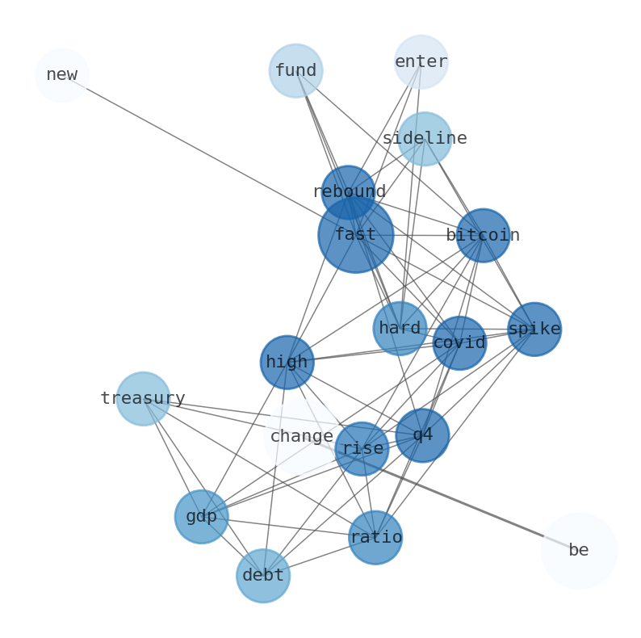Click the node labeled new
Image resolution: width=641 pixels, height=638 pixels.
pos(62,75)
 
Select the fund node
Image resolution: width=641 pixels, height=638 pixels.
pos(295,71)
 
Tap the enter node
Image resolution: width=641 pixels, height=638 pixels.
pos(421,61)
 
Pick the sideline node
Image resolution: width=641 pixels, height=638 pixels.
pos(425,139)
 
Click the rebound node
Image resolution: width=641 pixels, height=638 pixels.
pos(348,192)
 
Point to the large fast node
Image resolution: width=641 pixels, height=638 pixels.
pos(356,235)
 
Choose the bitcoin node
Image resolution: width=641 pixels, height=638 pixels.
pos(483,236)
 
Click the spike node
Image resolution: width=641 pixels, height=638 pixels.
pos(534,329)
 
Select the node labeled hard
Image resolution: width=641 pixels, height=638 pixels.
pos(400,329)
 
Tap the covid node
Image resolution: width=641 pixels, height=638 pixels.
pos(459,343)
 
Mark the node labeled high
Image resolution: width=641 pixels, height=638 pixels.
pos(287,363)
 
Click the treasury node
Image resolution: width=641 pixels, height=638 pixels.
pos(143,399)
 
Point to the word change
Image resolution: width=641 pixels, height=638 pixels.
pos(301,437)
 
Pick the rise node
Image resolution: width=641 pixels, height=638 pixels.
pos(362,449)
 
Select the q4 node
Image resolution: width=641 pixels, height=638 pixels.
pos(422,435)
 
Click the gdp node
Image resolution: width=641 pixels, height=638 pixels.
pos(201,517)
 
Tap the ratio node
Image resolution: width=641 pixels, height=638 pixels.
pos(375,538)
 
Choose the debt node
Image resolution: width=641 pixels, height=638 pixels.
pos(263,576)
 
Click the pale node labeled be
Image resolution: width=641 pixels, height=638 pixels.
pos(579,551)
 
